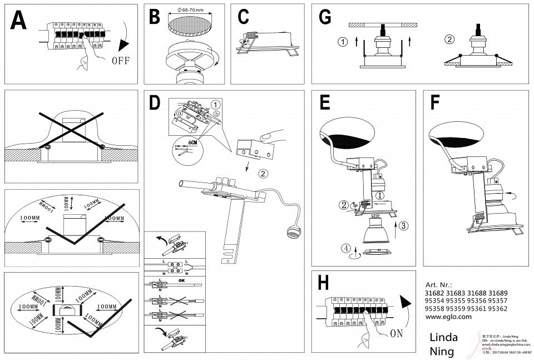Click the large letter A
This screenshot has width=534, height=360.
point(18,21)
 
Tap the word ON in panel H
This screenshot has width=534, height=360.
point(397,333)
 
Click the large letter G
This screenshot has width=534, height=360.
point(325,17)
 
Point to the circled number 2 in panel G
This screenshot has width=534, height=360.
point(449,40)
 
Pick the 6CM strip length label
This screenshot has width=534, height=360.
point(193,142)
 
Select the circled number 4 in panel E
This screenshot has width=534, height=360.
point(347,248)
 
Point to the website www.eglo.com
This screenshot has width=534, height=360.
point(448,316)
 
